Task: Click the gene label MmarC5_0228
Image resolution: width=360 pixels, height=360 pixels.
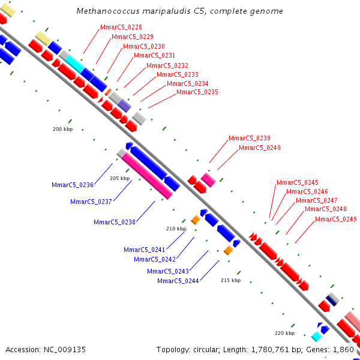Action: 121,27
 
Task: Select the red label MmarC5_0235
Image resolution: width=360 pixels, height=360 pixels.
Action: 197,92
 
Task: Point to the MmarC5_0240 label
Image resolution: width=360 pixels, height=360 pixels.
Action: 260,148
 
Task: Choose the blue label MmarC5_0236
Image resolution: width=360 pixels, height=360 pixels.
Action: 73,185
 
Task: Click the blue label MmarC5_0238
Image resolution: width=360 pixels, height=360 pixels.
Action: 115,222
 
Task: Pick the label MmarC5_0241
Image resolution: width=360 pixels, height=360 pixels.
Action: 145,250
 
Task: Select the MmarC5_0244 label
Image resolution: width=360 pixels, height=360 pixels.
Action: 178,281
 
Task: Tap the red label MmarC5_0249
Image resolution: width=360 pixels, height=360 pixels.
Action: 336,219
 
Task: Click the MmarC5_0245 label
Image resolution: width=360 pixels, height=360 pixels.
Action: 298,182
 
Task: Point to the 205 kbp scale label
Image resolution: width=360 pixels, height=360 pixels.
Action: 119,178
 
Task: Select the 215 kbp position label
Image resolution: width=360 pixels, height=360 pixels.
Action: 230,280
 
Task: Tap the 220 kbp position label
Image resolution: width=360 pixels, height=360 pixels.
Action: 284,333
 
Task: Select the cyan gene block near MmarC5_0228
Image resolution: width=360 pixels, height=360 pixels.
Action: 75,63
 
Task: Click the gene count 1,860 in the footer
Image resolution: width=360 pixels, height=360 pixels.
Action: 343,349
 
